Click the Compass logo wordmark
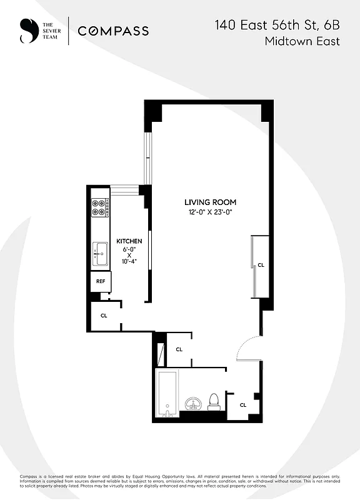(113, 31)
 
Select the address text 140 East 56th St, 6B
(277, 25)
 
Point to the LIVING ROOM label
(210, 202)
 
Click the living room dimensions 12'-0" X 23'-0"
(210, 212)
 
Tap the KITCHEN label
(129, 241)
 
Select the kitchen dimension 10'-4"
(129, 262)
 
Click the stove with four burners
(100, 207)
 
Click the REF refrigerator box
(101, 282)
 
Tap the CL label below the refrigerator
(104, 316)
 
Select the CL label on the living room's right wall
(261, 265)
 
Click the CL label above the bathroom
(179, 349)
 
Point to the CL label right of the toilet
(243, 404)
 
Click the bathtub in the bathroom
(167, 394)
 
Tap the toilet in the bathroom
(214, 401)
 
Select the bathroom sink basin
(192, 402)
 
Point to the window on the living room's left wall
(147, 156)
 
